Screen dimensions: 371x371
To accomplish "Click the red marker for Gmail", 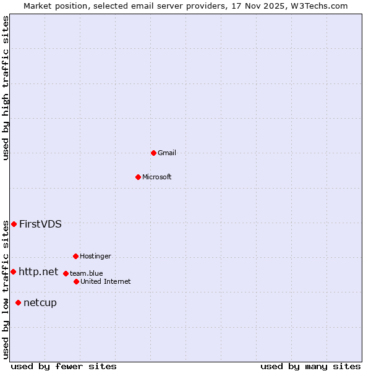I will (153, 153).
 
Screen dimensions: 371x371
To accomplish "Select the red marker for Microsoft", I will (138, 177).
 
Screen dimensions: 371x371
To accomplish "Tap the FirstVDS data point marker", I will (14, 224).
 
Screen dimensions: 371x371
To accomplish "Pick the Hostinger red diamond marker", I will (75, 256).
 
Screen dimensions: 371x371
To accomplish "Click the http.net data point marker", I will (13, 271).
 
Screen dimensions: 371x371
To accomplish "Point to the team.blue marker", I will (66, 273).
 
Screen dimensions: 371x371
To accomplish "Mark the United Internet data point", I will (76, 281).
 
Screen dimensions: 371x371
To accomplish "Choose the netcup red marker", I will (18, 302).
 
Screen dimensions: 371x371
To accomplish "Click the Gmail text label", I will (167, 153).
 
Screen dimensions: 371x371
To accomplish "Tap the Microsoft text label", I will (157, 177).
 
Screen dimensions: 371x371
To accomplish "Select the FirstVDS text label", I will (40, 224).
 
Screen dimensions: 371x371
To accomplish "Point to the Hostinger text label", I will (95, 256).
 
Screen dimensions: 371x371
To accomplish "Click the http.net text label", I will (38, 271).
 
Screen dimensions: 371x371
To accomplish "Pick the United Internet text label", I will (106, 281).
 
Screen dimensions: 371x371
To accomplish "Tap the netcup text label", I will (40, 302).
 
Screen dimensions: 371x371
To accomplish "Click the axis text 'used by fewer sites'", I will (64, 366).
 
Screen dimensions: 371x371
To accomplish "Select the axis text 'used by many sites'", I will (310, 366).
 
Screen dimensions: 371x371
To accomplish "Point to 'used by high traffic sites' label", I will (6, 88).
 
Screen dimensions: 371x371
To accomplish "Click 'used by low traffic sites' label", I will (6, 289).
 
